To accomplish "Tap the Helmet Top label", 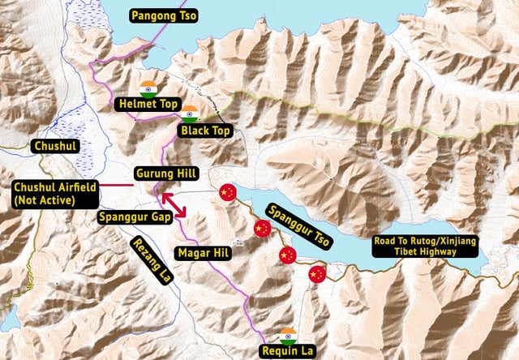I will click(147, 105).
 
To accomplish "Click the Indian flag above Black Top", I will click(190, 114).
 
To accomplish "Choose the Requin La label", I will click(287, 351).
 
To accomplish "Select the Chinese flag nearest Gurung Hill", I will click(227, 192).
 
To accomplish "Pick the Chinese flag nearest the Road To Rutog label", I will click(317, 274).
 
